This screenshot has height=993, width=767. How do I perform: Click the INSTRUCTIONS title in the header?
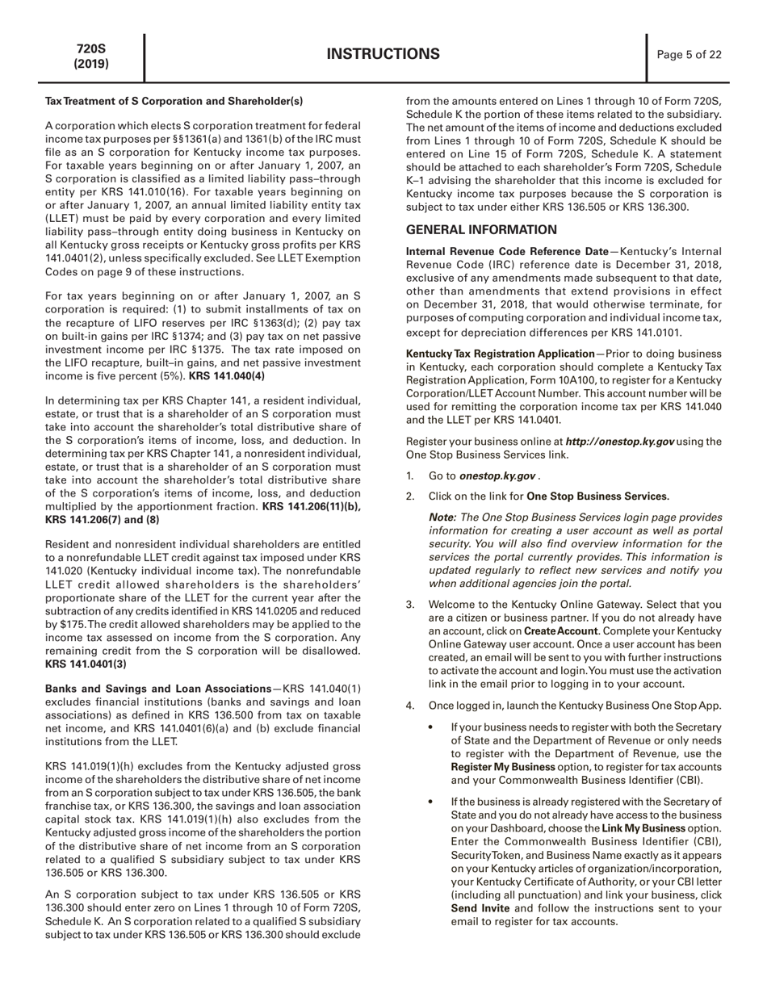click(383, 54)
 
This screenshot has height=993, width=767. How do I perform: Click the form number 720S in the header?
click(91, 48)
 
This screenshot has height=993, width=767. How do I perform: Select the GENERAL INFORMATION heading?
click(481, 229)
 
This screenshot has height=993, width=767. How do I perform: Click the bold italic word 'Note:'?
click(442, 517)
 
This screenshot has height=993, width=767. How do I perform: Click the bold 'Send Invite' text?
click(480, 907)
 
